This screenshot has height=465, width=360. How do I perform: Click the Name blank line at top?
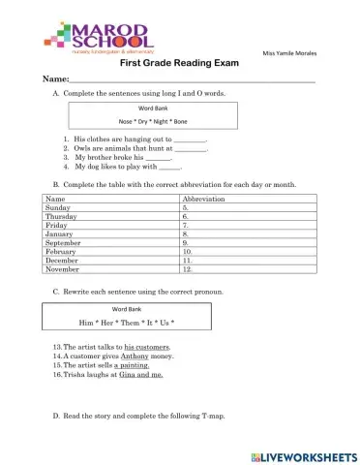coord(194,78)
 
